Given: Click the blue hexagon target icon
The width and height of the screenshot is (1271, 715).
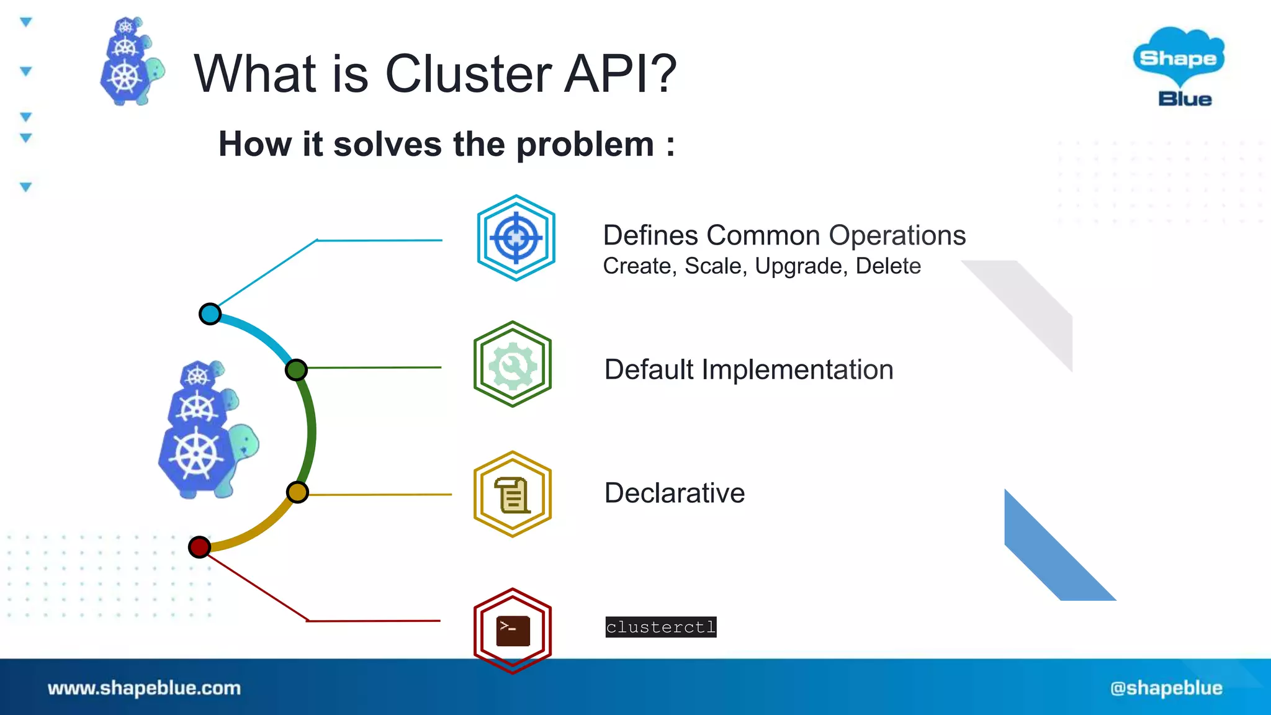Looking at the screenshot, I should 516,238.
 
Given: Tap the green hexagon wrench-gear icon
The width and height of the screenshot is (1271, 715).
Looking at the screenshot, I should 513,364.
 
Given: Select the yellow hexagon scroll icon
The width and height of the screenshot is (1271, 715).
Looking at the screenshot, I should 513,494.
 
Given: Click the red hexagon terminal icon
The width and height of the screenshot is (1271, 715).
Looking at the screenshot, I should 513,630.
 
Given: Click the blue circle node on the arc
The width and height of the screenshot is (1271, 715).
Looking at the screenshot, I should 210,314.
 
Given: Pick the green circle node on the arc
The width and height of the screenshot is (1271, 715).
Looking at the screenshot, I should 296,370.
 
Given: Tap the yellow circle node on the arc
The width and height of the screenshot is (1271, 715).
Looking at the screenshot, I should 297,492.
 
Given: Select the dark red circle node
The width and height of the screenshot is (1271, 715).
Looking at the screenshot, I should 199,547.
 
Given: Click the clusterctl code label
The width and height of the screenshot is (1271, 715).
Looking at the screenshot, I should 660,627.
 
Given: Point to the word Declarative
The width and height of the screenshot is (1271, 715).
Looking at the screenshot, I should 674,493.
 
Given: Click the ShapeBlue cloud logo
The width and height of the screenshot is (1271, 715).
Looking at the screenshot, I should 1178,66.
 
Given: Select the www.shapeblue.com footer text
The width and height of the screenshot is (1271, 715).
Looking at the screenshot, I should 144,688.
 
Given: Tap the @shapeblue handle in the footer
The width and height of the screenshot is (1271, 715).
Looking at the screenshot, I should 1166,688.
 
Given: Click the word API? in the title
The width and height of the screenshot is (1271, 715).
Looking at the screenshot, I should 620,73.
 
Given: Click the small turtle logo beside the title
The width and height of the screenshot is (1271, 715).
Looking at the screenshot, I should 130,62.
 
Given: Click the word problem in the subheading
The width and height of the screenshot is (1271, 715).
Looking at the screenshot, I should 585,145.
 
